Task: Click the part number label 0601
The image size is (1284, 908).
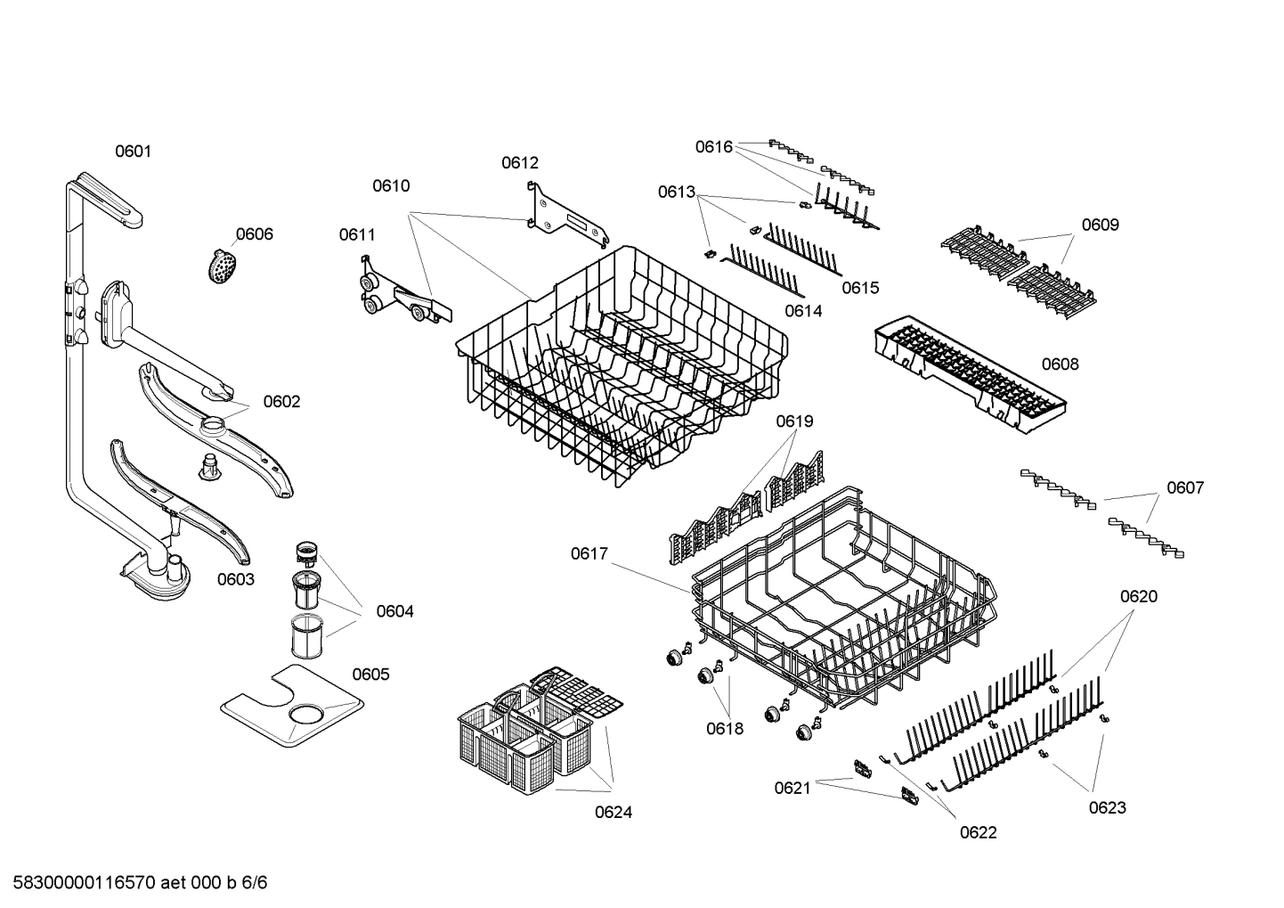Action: (133, 151)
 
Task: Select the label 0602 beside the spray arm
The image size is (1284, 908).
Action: (281, 402)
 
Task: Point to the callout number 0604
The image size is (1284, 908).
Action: (394, 611)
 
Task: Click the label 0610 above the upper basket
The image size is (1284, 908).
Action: (391, 185)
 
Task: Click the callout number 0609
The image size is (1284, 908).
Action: (1100, 225)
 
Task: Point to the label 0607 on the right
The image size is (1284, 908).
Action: (1185, 487)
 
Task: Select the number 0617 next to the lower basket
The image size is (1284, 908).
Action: (589, 554)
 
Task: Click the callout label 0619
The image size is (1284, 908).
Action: (794, 421)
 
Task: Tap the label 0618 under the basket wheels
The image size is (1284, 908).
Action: (725, 728)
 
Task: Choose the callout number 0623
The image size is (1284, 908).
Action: (1107, 807)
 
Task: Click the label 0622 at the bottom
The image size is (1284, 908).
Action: (978, 832)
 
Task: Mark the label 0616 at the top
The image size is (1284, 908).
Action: (713, 147)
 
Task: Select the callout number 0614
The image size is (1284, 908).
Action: (803, 311)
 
